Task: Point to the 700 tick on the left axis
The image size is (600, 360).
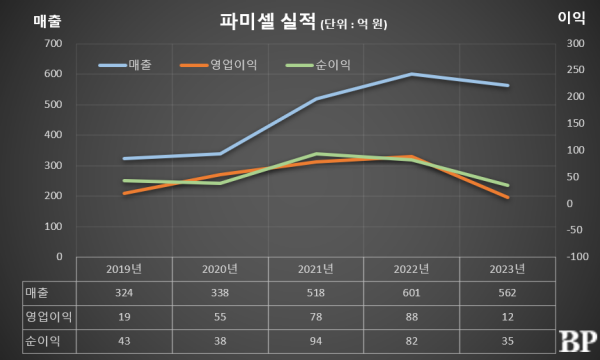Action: (54, 44)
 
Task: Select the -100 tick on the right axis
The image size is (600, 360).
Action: (574, 257)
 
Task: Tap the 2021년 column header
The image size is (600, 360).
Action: (315, 269)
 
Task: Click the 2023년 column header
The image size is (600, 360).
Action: (507, 269)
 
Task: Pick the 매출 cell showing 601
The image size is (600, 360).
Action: (411, 292)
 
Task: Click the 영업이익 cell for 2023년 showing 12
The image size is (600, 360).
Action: (507, 315)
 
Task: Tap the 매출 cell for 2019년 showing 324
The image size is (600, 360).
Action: (124, 292)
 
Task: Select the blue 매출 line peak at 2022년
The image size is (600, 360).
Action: (411, 74)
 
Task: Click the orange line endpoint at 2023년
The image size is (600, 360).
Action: (507, 197)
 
